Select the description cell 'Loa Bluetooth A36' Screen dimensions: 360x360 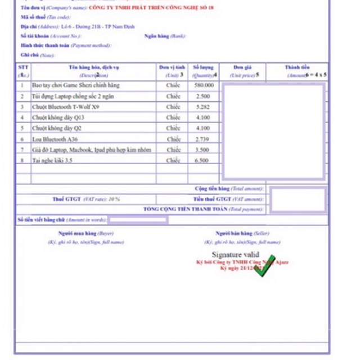pos(55,139)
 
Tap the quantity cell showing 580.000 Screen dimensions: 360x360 pos(204,85)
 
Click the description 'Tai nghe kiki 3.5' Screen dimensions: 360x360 pos(52,160)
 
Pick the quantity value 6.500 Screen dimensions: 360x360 pos(202,160)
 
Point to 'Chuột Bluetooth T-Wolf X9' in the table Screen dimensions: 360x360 pos(65,107)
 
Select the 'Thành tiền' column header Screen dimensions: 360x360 pos(297,67)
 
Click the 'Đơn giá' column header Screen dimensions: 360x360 pos(242,67)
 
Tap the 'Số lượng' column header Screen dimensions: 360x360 pos(203,67)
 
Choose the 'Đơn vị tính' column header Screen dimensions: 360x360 pos(172,67)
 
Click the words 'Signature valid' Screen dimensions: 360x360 pos(235,255)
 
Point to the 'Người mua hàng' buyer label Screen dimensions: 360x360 pos(78,233)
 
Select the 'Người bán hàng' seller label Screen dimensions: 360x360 pos(234,233)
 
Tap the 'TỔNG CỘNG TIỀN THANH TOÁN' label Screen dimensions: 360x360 pos(186,209)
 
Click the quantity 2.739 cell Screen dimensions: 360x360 pos(202,139)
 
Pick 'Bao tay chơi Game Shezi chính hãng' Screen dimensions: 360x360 pos(75,85)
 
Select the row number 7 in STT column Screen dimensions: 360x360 pos(22,150)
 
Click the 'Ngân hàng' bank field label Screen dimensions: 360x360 pos(157,36)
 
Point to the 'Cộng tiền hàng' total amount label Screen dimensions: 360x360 pos(212,189)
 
